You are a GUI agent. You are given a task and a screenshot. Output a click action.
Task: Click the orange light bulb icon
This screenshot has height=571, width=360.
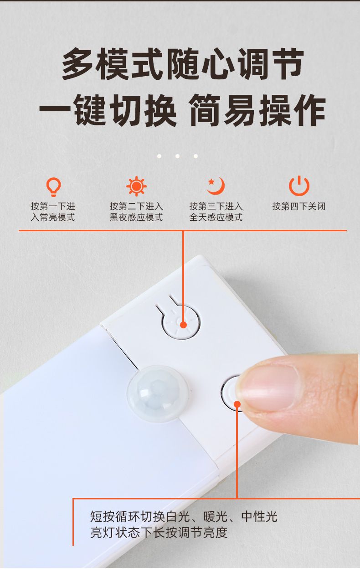53,187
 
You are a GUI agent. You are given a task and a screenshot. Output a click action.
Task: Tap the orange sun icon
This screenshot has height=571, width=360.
136,187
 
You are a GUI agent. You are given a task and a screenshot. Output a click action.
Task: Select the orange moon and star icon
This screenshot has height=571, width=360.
216,186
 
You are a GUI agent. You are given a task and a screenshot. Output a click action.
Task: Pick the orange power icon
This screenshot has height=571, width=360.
299,186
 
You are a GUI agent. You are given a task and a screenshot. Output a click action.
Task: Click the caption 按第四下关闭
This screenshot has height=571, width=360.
299,206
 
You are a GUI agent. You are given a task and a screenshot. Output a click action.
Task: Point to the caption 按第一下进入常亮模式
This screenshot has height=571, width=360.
53,212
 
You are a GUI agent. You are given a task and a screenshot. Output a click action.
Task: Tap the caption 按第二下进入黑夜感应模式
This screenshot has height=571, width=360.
136,212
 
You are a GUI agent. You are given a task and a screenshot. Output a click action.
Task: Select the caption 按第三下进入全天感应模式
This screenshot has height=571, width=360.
216,212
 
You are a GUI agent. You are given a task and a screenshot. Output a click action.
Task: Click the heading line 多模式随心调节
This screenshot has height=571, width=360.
182,65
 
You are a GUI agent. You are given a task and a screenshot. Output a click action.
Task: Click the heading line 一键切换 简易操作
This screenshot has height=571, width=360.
182,111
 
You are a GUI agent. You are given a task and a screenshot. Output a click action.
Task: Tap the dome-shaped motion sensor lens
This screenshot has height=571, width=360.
157,393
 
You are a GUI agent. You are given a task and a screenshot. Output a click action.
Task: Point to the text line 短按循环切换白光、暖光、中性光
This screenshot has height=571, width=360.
184,517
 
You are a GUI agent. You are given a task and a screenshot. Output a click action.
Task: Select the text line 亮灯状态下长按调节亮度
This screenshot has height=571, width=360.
159,532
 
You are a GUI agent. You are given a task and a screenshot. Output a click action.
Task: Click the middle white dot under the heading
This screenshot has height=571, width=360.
177,156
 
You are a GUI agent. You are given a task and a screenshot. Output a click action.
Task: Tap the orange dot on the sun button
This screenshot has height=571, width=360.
183,325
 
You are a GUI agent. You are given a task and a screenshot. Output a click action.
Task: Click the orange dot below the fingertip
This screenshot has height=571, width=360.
237,404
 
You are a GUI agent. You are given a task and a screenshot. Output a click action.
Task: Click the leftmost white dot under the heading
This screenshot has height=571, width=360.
159,156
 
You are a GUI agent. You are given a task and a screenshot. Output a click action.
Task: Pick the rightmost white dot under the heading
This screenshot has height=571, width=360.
195,156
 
